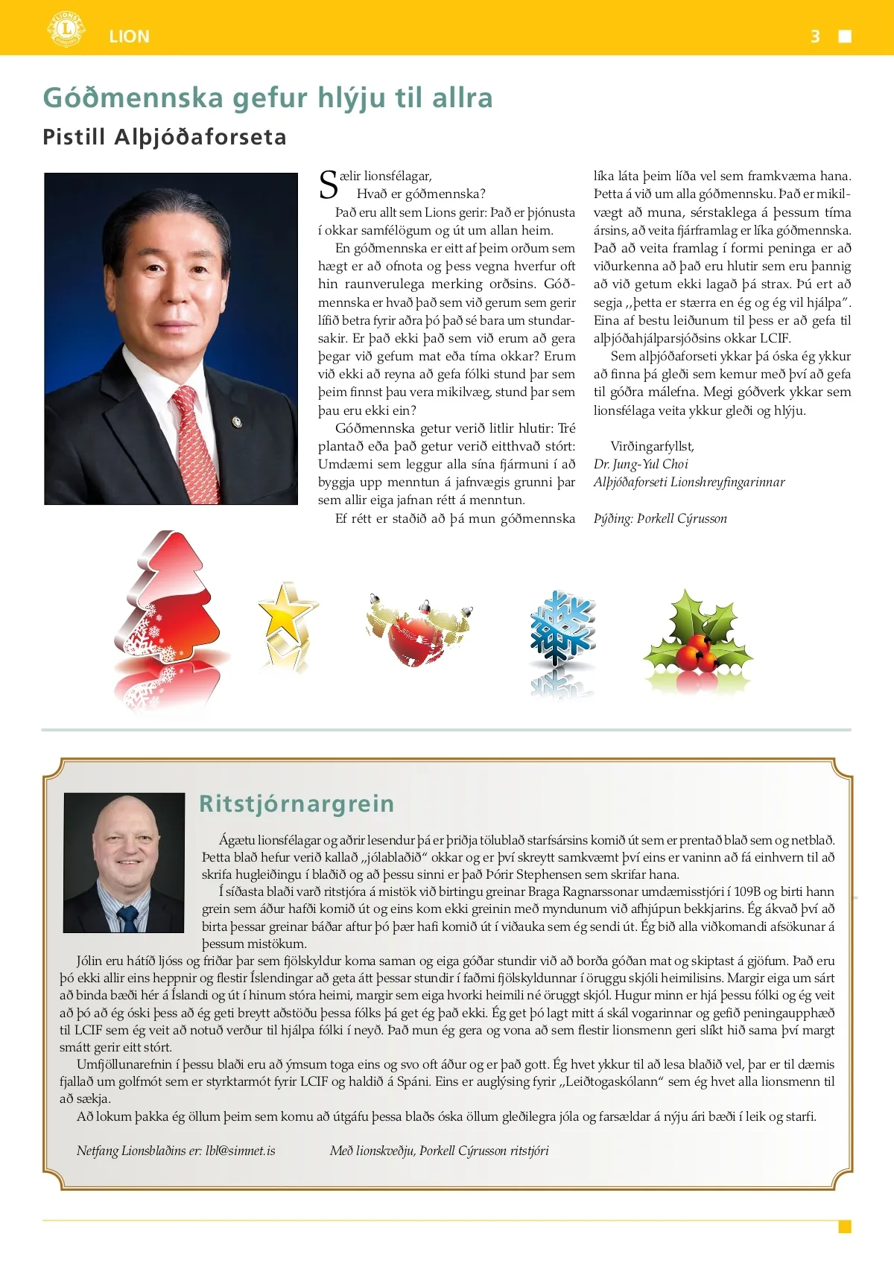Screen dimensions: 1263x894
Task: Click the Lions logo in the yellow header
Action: coord(66,30)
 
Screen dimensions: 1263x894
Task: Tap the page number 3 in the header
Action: coord(815,36)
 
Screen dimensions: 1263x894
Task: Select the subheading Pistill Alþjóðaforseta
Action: coord(165,138)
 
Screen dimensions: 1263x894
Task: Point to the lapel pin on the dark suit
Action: coord(238,422)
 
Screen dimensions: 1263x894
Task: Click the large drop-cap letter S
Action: coord(328,186)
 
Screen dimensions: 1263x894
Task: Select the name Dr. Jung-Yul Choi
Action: coord(641,464)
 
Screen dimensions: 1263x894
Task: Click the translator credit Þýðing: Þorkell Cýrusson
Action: coord(660,519)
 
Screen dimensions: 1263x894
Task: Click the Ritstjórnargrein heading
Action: coord(297,804)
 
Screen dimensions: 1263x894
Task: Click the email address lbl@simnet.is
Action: coord(241,1151)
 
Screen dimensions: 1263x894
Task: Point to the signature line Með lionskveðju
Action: coord(439,1151)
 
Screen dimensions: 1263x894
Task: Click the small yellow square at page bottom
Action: coord(845,1227)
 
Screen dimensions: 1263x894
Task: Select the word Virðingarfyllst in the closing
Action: coord(652,447)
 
